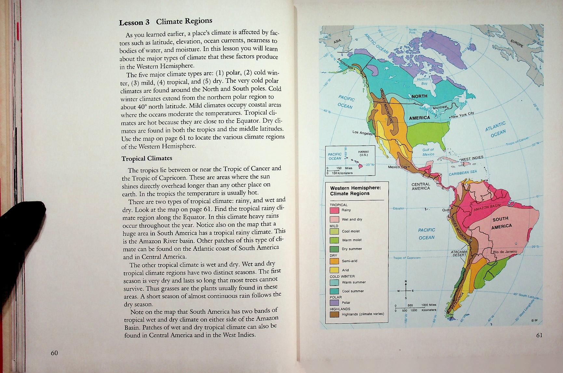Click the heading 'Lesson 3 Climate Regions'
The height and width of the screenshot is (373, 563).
(165, 21)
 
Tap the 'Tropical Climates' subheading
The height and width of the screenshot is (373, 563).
(147, 158)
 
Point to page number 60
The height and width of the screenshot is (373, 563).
(54, 353)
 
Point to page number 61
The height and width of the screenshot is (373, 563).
(539, 336)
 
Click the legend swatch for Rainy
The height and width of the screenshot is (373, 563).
(335, 210)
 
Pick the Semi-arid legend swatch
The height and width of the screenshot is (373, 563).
(335, 261)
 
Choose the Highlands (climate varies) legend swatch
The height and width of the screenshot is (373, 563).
(335, 314)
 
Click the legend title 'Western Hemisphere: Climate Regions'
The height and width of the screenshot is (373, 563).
(355, 191)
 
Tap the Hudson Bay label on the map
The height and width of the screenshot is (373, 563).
(424, 81)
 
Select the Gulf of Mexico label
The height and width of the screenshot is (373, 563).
(428, 152)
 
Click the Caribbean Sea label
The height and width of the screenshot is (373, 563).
(462, 173)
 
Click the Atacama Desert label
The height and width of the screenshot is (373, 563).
(459, 253)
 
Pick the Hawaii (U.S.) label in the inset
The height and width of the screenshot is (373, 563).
(363, 153)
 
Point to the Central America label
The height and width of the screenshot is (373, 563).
(421, 186)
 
